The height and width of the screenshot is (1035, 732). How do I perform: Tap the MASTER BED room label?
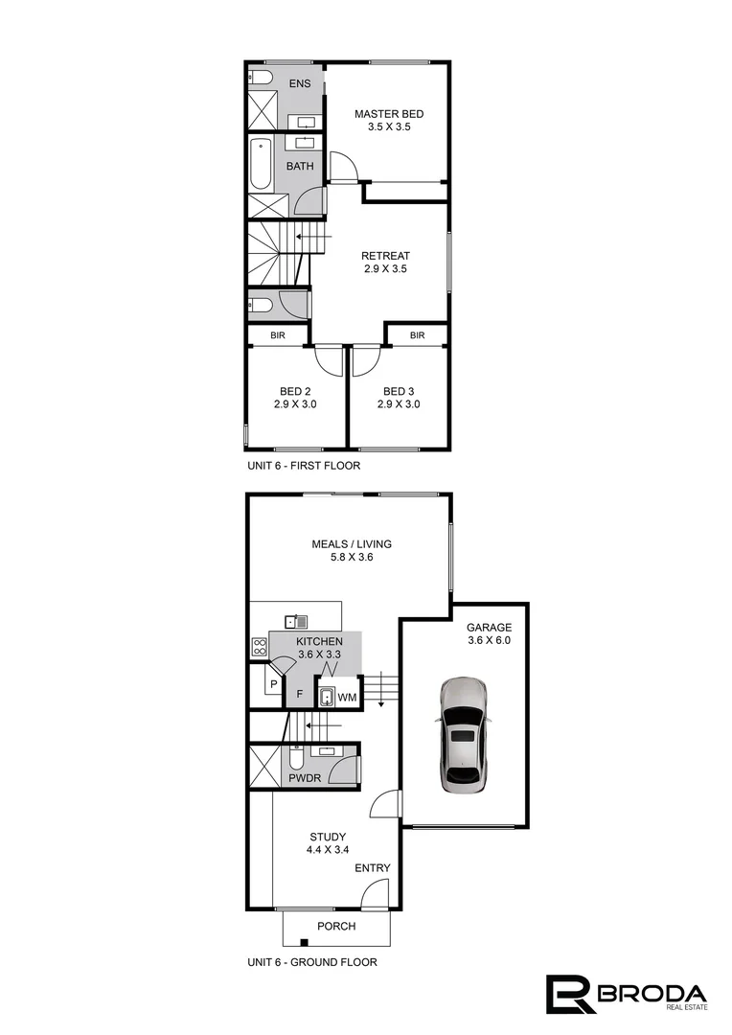[388, 114]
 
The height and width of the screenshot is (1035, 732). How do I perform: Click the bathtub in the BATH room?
[261, 165]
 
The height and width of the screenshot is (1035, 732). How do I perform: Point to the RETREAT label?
[385, 256]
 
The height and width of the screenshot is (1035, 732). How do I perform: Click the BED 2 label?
[295, 391]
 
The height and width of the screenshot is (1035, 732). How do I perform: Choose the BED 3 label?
[399, 391]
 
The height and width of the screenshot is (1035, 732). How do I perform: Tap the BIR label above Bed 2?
[278, 335]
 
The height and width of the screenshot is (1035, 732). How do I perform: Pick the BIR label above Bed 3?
[417, 335]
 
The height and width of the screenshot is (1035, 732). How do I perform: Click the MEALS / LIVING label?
[352, 544]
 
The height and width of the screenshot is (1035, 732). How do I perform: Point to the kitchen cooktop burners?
[257, 647]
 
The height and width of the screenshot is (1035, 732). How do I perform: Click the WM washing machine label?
[347, 697]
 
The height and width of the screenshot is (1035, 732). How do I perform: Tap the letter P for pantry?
[273, 684]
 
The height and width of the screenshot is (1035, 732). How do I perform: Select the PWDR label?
[305, 779]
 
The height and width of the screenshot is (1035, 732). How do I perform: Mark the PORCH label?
[336, 927]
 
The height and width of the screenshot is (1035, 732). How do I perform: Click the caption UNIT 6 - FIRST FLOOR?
[303, 466]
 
